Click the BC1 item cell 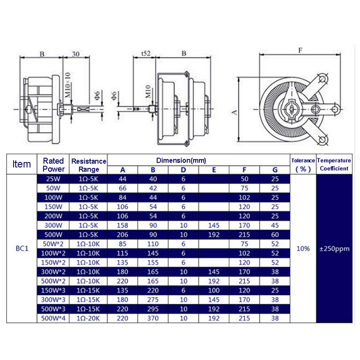22,248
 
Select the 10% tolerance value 303,248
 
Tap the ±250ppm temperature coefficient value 334,249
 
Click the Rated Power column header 53,165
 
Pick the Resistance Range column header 89,165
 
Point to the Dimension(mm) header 181,160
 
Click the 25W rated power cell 53,179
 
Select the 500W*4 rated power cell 53,318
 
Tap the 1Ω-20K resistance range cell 88,318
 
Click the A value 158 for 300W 122,225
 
